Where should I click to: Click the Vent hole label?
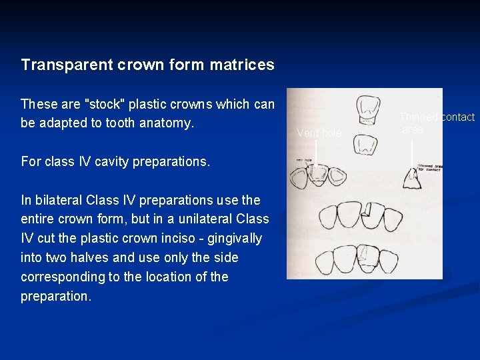click(319, 133)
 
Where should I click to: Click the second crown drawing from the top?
click(364, 143)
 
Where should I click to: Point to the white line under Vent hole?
click(315, 151)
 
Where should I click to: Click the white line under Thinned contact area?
click(413, 152)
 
